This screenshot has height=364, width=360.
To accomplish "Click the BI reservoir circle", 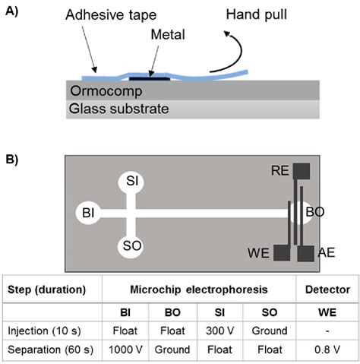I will pos(87,215).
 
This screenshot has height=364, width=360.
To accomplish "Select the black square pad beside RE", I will pos(302,172).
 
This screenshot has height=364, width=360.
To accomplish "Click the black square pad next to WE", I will pos(283,252).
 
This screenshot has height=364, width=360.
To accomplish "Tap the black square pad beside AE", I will pos(306,252).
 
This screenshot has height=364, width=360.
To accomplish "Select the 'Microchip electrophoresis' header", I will pos(198,290).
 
